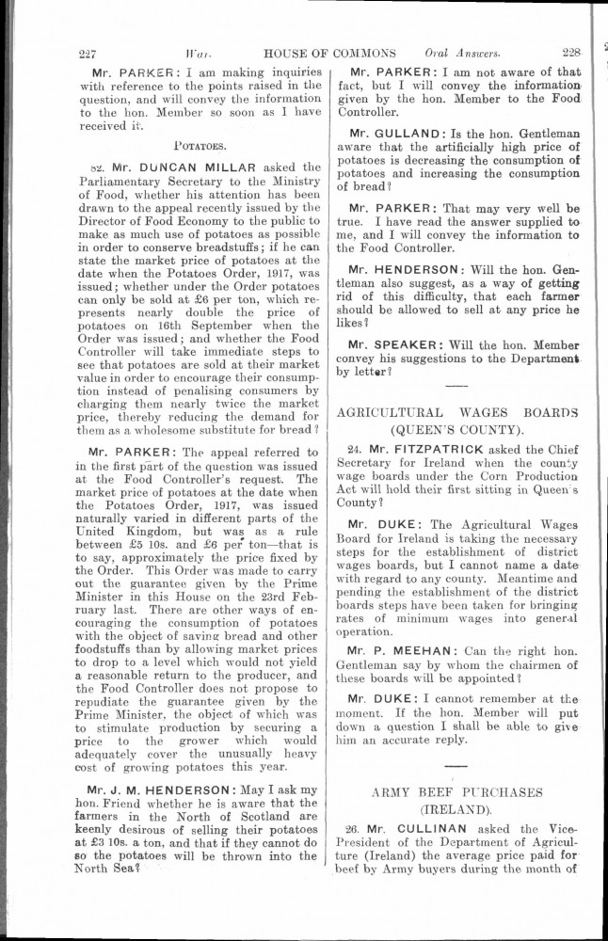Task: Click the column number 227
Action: pos(93,53)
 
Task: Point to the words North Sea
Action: pos(116,870)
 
